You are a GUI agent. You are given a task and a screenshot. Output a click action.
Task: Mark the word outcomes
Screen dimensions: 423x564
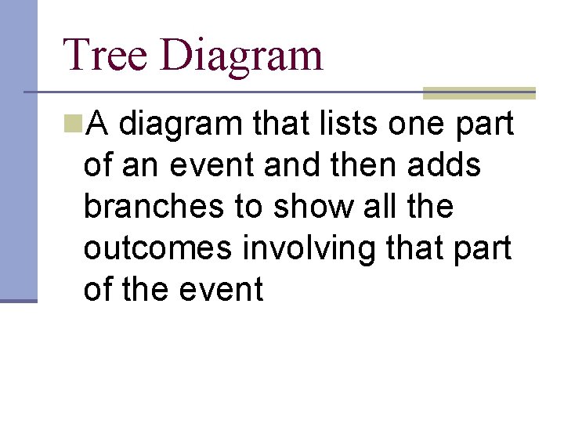coord(157,248)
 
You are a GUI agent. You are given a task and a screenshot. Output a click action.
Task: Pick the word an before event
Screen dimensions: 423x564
coord(142,166)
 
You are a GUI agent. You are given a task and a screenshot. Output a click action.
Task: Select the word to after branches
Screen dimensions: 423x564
coord(247,207)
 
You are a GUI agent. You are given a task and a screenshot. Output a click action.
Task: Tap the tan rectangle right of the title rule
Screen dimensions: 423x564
coord(479,92)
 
